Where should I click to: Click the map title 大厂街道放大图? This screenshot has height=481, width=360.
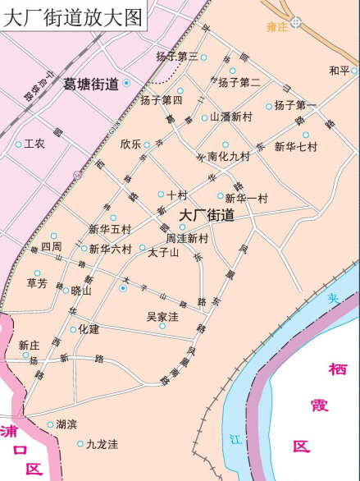pyautogui.click(x=71, y=16)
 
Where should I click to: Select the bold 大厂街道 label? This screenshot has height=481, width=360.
pyautogui.click(x=207, y=216)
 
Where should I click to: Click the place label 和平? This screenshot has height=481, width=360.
pyautogui.click(x=339, y=71)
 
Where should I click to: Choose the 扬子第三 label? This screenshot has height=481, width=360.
pyautogui.click(x=176, y=57)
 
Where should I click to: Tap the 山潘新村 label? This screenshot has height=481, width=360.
pyautogui.click(x=230, y=117)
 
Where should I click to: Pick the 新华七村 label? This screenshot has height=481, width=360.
pyautogui.click(x=295, y=147)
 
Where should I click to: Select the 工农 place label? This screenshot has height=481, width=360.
pyautogui.click(x=34, y=144)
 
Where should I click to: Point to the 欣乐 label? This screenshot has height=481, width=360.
pyautogui.click(x=130, y=144)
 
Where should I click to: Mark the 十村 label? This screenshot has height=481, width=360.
pyautogui.click(x=177, y=195)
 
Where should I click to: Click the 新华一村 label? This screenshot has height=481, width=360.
pyautogui.click(x=246, y=198)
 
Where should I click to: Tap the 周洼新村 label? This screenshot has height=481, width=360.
pyautogui.click(x=188, y=238)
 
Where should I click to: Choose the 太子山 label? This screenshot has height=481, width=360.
pyautogui.click(x=163, y=252)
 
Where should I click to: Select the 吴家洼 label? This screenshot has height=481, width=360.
pyautogui.click(x=162, y=316)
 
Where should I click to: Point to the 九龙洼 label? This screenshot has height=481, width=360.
pyautogui.click(x=102, y=444)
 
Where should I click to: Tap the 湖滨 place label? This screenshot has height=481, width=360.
pyautogui.click(x=66, y=424)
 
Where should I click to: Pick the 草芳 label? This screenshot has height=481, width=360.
pyautogui.click(x=37, y=283)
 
